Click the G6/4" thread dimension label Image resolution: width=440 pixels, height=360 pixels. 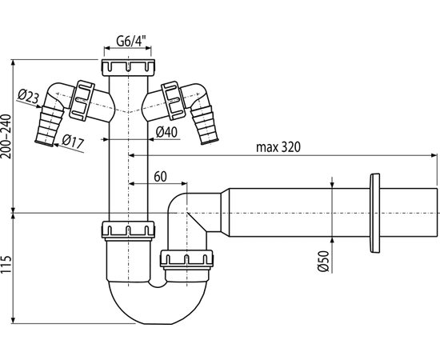[x=132, y=42]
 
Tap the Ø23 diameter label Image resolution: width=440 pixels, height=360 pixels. [x=28, y=96]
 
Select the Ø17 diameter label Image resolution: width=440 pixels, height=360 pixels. [x=73, y=142]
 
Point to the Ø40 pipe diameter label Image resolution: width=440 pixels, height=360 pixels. [x=166, y=132]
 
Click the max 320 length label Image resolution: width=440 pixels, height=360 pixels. [x=278, y=147]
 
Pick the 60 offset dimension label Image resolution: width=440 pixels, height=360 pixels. [x=160, y=177]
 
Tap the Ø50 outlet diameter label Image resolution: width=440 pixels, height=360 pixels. [x=323, y=261]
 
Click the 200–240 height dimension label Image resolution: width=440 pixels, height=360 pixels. [x=6, y=137]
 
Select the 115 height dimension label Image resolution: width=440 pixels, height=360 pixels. [x=6, y=264]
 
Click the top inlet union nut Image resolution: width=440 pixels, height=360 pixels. [x=128, y=67]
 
